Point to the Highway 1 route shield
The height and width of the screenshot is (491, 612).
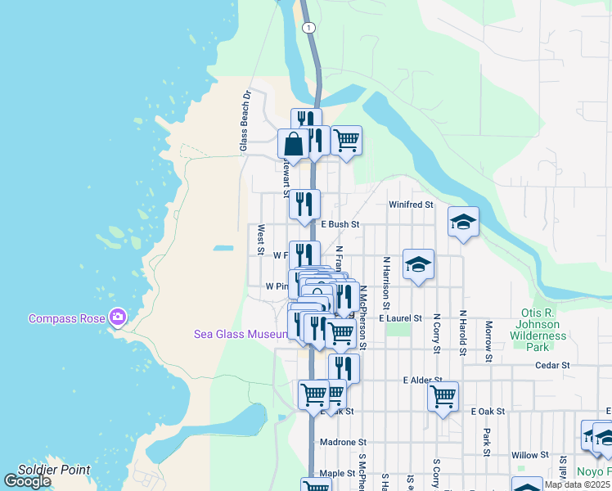[x=308, y=28]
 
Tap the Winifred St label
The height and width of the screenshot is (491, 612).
[x=411, y=205]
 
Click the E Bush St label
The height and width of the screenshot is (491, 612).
[x=340, y=223]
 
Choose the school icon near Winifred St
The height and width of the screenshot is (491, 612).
[x=463, y=222]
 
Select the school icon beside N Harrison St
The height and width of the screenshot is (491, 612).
[x=418, y=264]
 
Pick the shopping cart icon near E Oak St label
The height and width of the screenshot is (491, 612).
[x=443, y=397]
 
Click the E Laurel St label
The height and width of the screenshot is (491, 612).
[x=400, y=318]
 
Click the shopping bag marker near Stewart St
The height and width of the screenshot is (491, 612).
[x=293, y=144]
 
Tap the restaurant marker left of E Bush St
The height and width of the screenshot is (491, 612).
[x=304, y=205]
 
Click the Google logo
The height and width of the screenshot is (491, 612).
[x=27, y=481]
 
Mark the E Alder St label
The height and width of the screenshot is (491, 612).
[x=422, y=381]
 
